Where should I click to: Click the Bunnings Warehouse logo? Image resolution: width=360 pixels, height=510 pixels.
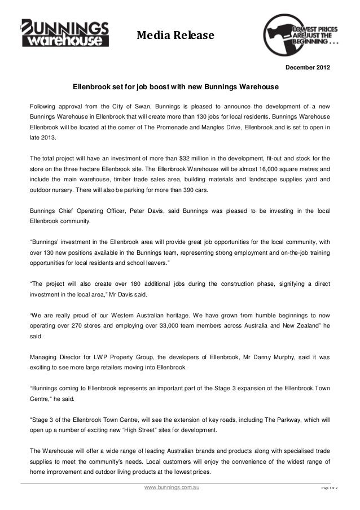(65, 32)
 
